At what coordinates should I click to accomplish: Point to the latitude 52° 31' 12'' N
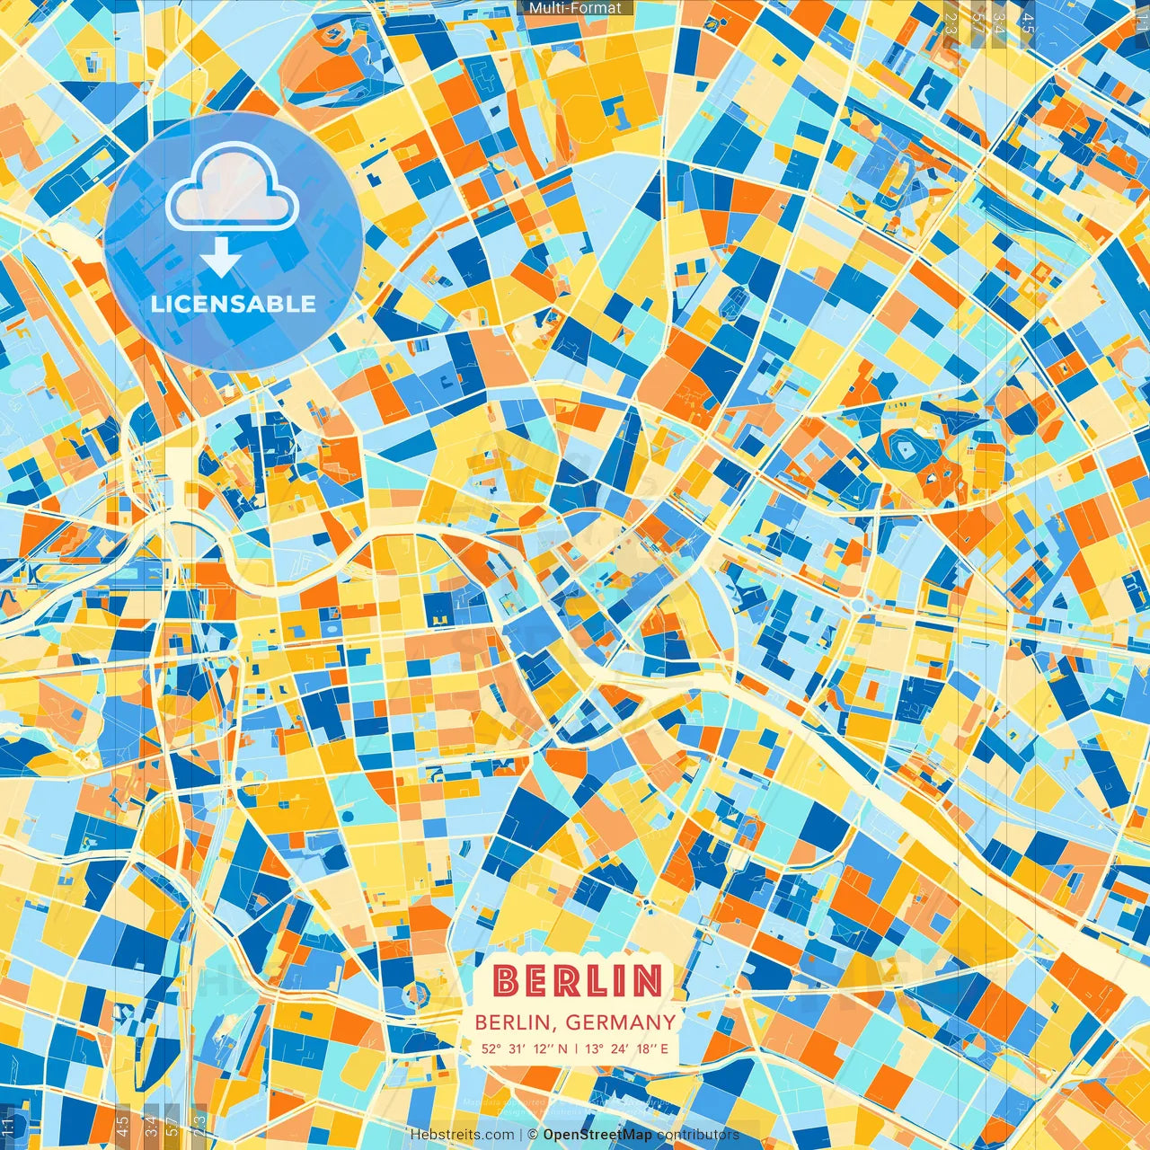pyautogui.click(x=524, y=1048)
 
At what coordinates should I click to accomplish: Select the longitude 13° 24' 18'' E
pyautogui.click(x=628, y=1048)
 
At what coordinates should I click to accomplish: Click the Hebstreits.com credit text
pyautogui.click(x=462, y=1135)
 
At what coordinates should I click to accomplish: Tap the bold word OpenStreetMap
pyautogui.click(x=597, y=1135)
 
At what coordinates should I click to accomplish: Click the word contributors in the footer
pyautogui.click(x=698, y=1135)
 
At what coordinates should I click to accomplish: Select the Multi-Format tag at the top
pyautogui.click(x=575, y=8)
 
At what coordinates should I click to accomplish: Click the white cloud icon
pyautogui.click(x=232, y=187)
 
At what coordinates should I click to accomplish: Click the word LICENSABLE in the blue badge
pyautogui.click(x=233, y=304)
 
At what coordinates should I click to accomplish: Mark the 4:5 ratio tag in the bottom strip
pyautogui.click(x=123, y=1124)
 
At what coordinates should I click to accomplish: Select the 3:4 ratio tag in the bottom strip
pyautogui.click(x=149, y=1124)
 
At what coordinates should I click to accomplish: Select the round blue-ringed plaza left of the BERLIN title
pyautogui.click(x=415, y=992)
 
